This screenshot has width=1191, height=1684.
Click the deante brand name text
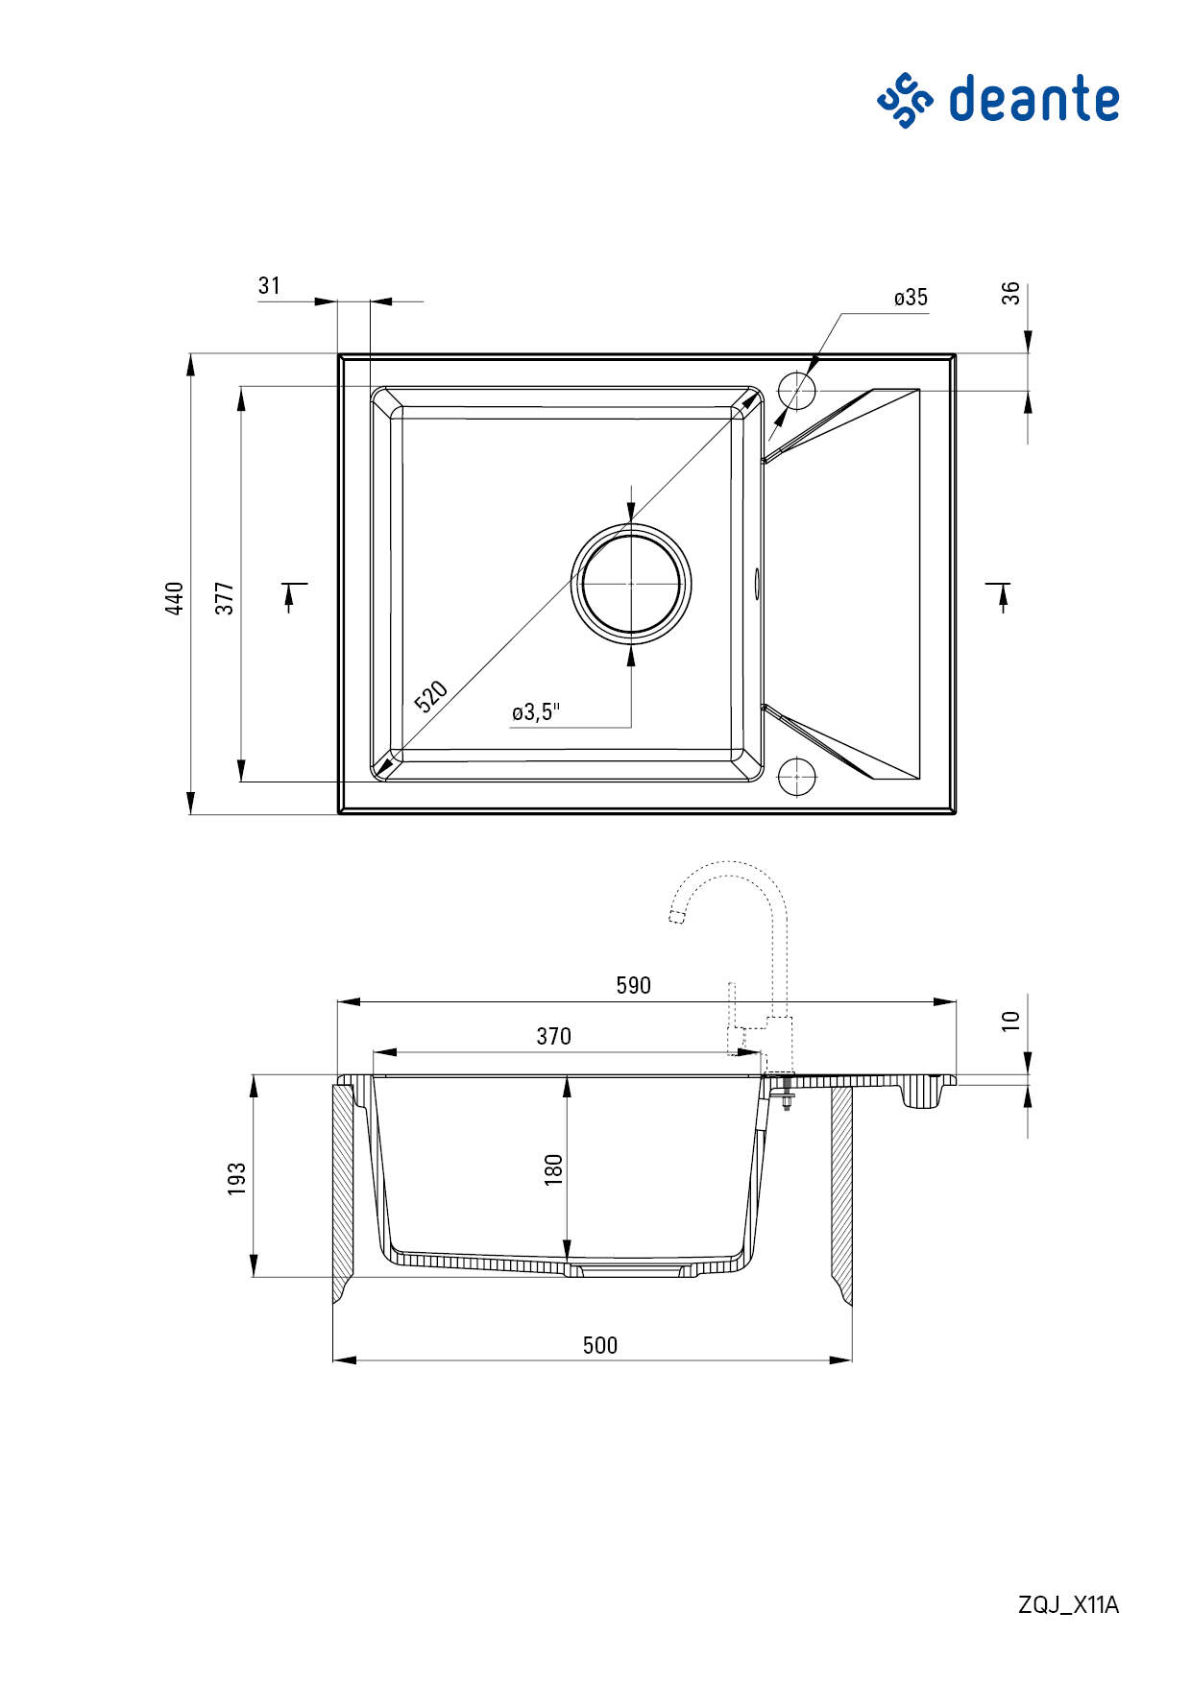pyautogui.click(x=1034, y=100)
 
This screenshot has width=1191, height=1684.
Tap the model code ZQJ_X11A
pyautogui.click(x=1068, y=1604)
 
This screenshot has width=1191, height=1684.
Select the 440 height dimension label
pyautogui.click(x=175, y=598)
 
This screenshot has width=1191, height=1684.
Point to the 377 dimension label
pyautogui.click(x=224, y=598)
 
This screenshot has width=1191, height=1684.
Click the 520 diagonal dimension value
pyautogui.click(x=431, y=696)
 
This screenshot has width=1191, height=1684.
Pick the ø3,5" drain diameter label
pyautogui.click(x=536, y=711)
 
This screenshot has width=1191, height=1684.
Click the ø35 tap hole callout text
pyautogui.click(x=911, y=298)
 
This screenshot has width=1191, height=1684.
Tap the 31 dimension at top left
pyautogui.click(x=269, y=285)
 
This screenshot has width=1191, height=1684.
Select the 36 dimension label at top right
pyautogui.click(x=1010, y=294)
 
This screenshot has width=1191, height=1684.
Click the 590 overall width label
pyautogui.click(x=634, y=985)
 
